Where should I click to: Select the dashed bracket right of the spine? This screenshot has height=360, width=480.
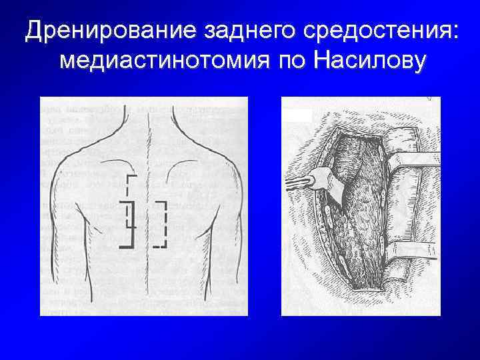[162, 223]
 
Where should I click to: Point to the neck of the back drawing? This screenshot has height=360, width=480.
[143, 120]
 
